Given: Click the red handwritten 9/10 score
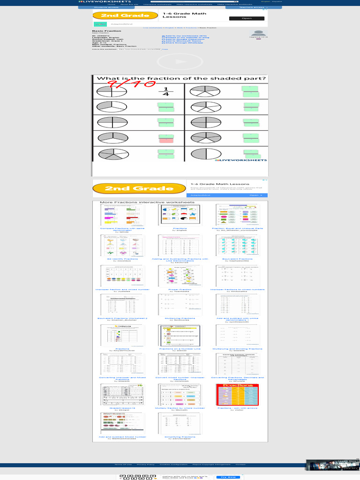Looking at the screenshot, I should (132, 85).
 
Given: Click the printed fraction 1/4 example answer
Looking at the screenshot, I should (165, 92).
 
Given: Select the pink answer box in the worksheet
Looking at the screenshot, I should (165, 140).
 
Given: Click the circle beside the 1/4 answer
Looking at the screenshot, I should (112, 91).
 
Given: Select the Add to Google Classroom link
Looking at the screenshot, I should (186, 39).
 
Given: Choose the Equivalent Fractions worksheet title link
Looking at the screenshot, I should (237, 258).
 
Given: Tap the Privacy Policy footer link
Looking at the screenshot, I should (145, 465).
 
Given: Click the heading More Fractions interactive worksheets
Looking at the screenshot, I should (147, 202).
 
